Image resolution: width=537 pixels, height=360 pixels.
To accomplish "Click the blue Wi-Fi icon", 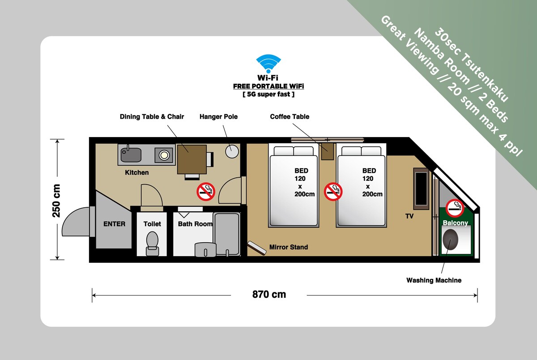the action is [x=268, y=63].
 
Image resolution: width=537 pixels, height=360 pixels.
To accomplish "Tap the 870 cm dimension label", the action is [x=269, y=294].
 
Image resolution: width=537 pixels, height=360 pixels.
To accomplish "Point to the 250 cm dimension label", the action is [x=56, y=201].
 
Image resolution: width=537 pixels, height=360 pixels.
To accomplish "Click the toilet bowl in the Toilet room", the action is [x=152, y=242].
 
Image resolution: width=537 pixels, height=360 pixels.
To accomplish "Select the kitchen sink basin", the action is [x=131, y=154].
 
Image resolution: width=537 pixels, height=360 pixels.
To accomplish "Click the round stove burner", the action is [x=164, y=155].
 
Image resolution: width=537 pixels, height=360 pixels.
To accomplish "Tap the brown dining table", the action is [x=192, y=159].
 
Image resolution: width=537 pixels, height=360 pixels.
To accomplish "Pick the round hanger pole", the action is [x=232, y=151].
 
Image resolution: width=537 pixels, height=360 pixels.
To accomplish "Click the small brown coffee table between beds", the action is [x=327, y=151].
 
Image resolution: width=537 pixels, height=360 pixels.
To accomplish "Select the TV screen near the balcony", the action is [x=421, y=189].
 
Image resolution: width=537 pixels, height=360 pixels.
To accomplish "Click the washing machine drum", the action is [x=450, y=240].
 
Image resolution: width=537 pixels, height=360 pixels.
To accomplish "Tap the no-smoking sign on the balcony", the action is [x=455, y=208].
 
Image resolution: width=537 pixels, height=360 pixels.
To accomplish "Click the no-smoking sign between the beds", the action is [x=333, y=191].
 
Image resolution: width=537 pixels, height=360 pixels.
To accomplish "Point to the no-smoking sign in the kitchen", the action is [x=206, y=191].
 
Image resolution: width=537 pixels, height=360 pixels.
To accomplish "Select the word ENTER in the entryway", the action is [x=115, y=224].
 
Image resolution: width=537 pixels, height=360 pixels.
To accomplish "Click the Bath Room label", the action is [x=195, y=224].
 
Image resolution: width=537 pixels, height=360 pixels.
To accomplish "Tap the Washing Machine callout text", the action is [x=434, y=280].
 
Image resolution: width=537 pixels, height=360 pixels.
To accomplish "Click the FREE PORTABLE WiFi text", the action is [x=268, y=86].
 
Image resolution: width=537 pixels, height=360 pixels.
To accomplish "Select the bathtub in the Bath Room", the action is [x=227, y=234].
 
